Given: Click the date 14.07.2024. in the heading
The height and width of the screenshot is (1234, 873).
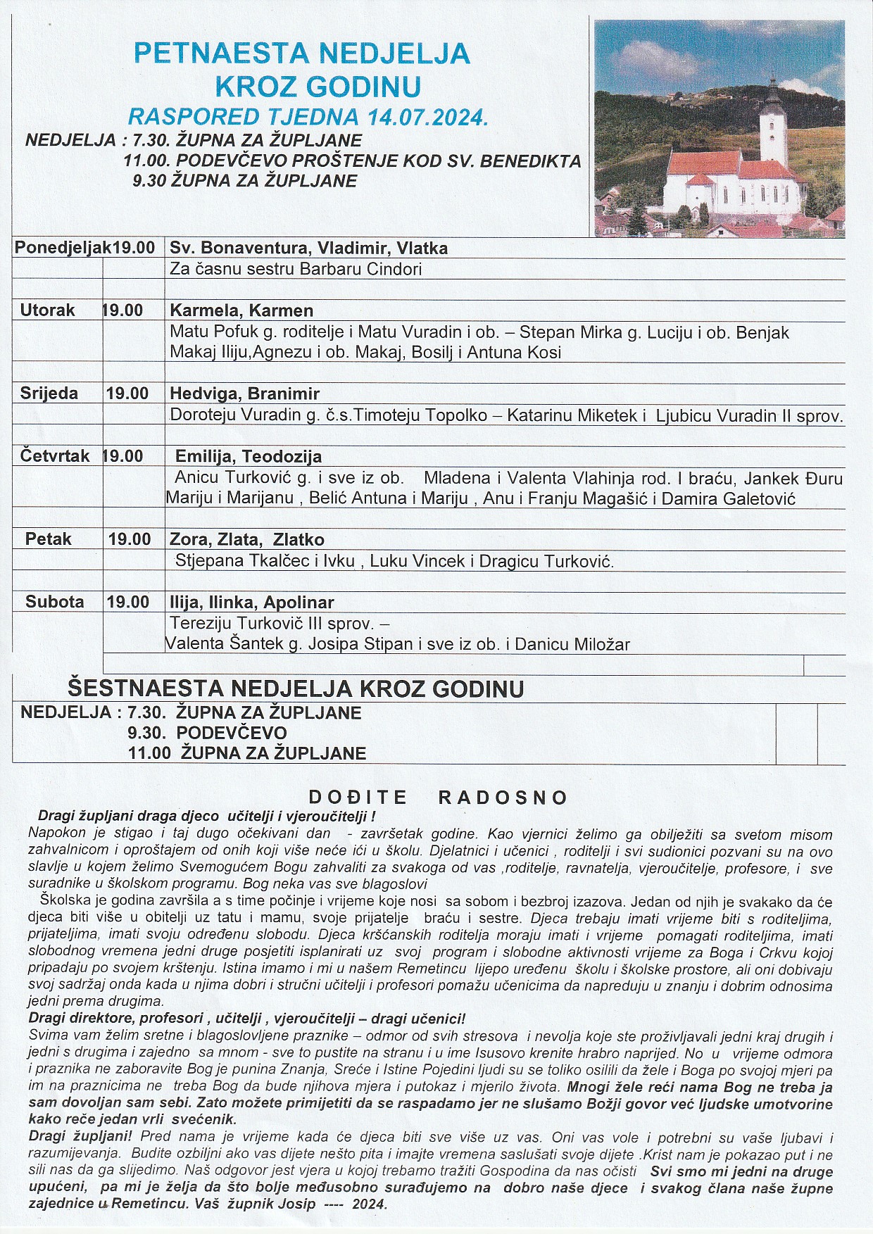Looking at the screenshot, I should click(425, 117).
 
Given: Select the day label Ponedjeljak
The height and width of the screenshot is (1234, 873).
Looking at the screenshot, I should click(63, 248).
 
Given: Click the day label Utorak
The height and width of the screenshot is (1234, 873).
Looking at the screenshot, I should click(47, 310).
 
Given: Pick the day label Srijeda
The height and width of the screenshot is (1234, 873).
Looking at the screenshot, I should click(49, 394).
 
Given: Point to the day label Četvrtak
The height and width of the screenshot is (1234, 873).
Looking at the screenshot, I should click(55, 456).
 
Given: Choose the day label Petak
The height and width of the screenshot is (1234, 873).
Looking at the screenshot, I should click(49, 539).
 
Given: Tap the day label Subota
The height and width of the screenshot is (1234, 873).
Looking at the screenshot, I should click(54, 602).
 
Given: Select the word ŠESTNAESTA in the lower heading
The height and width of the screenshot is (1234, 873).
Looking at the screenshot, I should click(145, 688).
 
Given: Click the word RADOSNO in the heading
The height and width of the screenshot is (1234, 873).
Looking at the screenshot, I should click(503, 798).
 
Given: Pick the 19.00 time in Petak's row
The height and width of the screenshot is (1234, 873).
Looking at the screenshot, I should click(130, 539).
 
